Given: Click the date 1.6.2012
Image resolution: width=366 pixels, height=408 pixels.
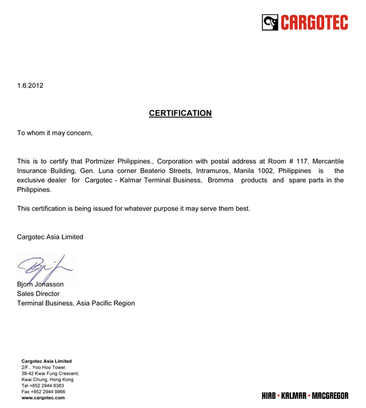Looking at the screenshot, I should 30,86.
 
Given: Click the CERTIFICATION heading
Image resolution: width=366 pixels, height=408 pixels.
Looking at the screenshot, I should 180,113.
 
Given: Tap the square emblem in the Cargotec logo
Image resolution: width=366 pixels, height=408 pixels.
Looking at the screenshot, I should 270,22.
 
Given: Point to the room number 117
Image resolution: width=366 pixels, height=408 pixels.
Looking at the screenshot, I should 302,161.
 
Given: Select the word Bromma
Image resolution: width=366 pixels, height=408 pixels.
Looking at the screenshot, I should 221,181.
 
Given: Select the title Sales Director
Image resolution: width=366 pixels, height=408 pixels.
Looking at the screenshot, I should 38,294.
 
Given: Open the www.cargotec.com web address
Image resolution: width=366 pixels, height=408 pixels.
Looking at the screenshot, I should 43,398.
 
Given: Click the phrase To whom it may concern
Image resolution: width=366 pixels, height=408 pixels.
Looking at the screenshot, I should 54,133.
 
